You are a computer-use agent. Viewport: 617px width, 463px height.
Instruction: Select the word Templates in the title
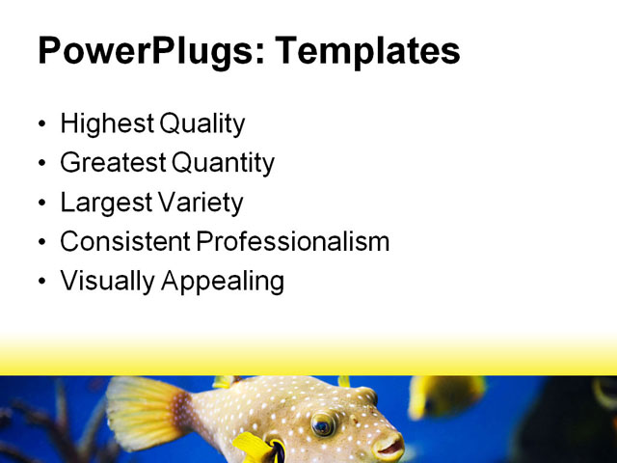[367, 51]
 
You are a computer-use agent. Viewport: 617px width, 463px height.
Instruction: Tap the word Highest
[106, 124]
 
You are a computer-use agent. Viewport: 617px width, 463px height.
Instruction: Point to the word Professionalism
[293, 242]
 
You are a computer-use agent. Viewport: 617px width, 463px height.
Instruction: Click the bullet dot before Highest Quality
[40, 125]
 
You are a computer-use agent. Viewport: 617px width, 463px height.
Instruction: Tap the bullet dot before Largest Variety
[40, 204]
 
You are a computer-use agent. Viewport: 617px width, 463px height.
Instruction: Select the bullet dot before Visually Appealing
[40, 283]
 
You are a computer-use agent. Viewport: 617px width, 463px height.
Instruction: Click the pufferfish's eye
[323, 423]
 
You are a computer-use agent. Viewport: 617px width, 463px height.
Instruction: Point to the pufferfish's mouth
[390, 446]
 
